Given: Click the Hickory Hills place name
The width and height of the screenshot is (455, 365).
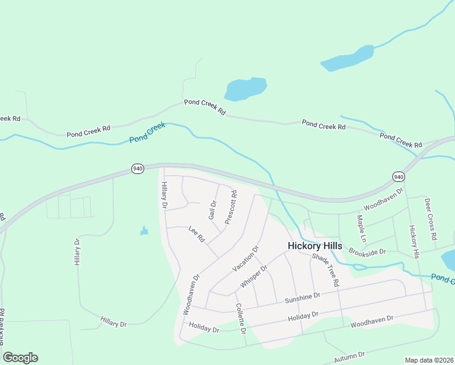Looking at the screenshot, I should tap(314, 246).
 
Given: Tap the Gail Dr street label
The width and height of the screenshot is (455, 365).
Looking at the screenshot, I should tap(212, 210).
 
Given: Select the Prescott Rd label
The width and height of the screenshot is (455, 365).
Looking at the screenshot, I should tap(231, 207).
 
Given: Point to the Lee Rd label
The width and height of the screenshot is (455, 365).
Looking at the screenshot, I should tap(196, 234).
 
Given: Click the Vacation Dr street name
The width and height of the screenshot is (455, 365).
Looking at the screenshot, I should tap(246, 259).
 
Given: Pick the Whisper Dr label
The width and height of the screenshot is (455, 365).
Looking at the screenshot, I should tap(254, 277).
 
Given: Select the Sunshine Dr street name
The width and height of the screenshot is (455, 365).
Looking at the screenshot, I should tap(302, 296).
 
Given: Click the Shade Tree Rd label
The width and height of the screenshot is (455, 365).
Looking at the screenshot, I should tap(325, 270).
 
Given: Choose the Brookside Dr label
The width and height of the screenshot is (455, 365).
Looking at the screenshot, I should tap(367, 251).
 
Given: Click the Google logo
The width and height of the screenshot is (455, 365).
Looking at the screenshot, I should tap(20, 358).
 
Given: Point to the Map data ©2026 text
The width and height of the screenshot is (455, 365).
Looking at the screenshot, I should tap(429, 360).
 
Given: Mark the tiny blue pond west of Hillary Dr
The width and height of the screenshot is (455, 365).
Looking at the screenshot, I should tap(144, 231).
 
